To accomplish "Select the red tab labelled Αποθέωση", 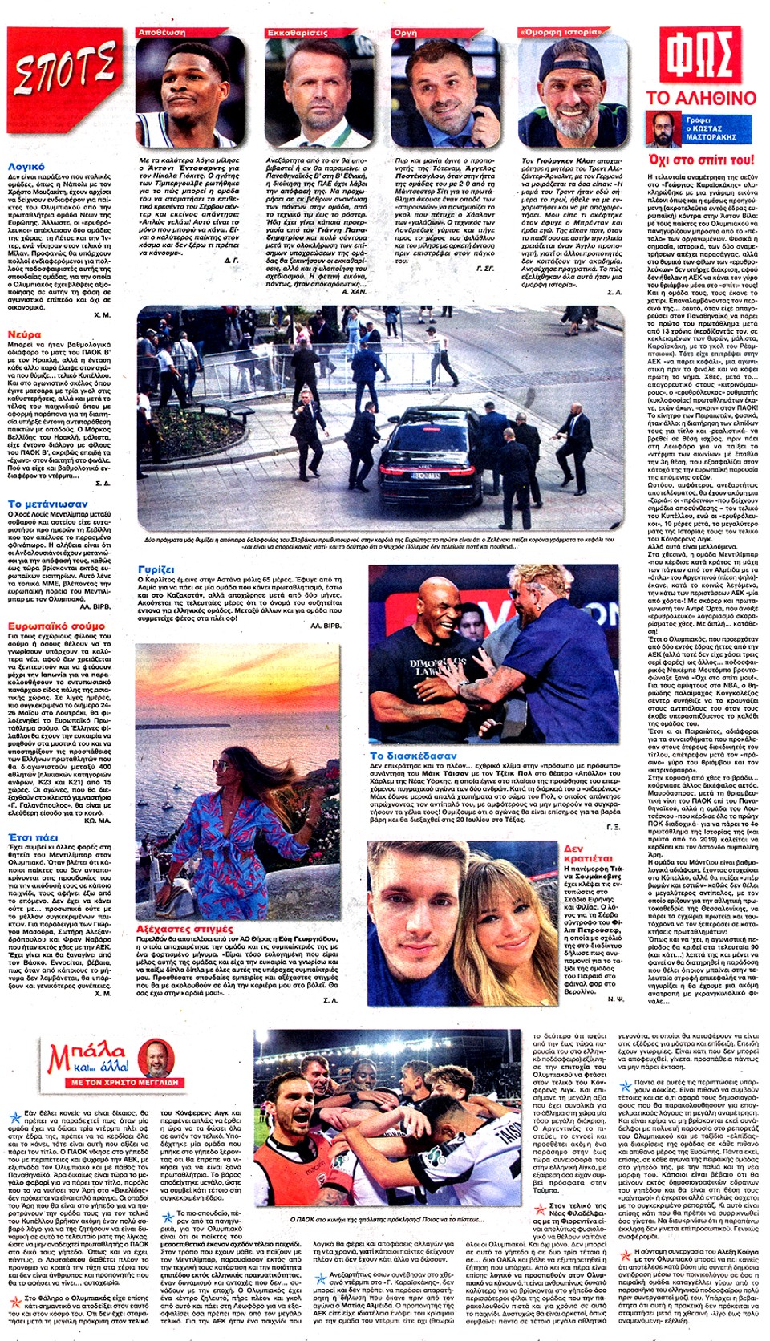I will click(163, 33).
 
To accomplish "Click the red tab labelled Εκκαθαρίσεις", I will click(298, 33).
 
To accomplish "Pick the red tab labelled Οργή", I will click(406, 33).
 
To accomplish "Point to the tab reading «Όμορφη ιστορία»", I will click(560, 33).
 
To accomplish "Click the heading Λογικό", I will click(26, 167).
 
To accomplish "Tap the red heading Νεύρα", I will click(24, 334).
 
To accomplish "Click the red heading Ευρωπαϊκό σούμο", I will click(56, 626).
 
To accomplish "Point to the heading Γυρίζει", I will click(156, 569).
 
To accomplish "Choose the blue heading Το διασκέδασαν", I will click(412, 756).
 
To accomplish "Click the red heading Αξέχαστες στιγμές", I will click(184, 930).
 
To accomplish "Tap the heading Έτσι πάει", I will click(33, 837).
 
